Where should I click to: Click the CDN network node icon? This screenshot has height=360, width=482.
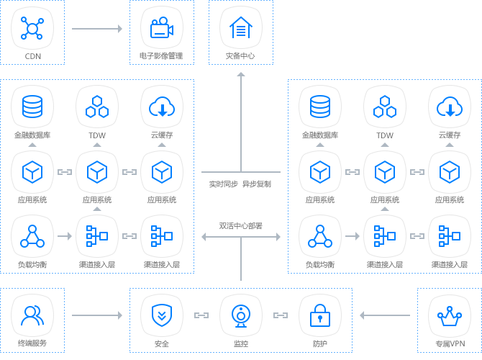coord(32,28)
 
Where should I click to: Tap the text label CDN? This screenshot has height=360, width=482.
coord(32,55)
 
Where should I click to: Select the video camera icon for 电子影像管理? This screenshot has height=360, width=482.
coord(162,28)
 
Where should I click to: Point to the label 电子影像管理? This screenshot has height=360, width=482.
coord(162,55)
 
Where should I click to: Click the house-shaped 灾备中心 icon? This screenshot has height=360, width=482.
coord(241,28)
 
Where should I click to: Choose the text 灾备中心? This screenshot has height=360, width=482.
coord(241,55)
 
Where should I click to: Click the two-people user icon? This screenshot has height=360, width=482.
coord(32,315)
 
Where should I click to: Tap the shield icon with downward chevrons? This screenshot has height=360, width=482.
coord(162,315)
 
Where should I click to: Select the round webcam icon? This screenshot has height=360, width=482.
coord(241,315)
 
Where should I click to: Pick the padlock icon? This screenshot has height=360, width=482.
coord(320,315)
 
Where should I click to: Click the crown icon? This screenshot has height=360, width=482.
coord(450,315)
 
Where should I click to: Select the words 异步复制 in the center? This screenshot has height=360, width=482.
coord(258,184)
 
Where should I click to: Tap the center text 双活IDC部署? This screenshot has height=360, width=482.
coord(241,225)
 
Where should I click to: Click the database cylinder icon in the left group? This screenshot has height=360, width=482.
coord(32,107)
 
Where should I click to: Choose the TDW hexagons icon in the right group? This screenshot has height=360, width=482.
coord(385,107)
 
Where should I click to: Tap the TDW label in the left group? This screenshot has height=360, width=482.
coord(97,135)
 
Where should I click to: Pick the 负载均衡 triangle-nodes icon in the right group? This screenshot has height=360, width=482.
coord(320,236)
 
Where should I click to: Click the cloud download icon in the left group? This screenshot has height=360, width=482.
coord(162,107)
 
